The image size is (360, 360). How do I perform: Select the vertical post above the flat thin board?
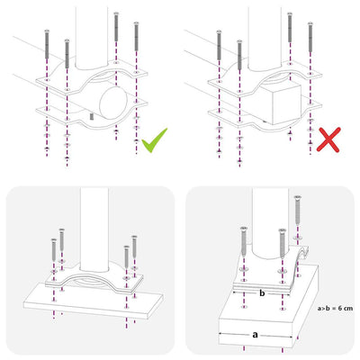click(94, 229)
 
